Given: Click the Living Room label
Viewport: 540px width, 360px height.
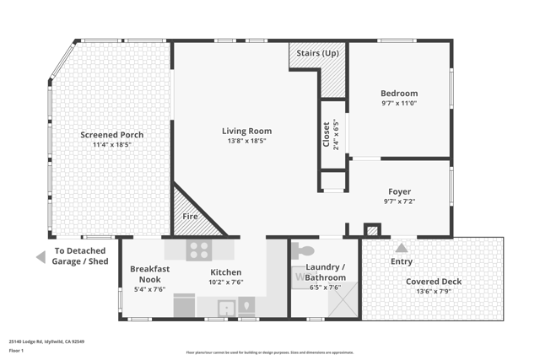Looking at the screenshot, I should [246, 131].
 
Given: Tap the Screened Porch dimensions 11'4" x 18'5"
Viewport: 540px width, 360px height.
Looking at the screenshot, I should [111, 145].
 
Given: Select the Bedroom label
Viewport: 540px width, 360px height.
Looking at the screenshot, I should [399, 94].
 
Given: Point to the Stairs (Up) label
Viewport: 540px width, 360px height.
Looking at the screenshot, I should [318, 52].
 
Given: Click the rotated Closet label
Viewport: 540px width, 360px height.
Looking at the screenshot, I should [327, 135].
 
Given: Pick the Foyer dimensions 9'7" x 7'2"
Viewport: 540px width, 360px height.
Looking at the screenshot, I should [399, 202].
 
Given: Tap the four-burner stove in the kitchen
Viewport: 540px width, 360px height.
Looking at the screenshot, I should [198, 250].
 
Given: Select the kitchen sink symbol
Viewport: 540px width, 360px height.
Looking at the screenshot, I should [226, 308].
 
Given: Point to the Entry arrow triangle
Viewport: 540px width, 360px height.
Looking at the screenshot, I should [402, 248].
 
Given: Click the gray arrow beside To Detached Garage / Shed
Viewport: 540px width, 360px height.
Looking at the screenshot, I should [40, 256].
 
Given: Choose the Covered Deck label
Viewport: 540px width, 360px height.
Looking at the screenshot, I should [434, 282].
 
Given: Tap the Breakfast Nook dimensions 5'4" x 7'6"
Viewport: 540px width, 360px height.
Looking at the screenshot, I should [149, 289].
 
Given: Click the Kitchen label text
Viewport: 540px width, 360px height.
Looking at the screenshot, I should [226, 272].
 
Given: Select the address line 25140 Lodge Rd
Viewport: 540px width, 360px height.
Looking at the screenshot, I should [46, 341].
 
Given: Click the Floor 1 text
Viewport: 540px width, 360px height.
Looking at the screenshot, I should [16, 350].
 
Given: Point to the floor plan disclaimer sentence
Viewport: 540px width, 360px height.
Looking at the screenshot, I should [269, 352].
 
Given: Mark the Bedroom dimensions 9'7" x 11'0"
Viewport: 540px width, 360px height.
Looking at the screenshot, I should [399, 103].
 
